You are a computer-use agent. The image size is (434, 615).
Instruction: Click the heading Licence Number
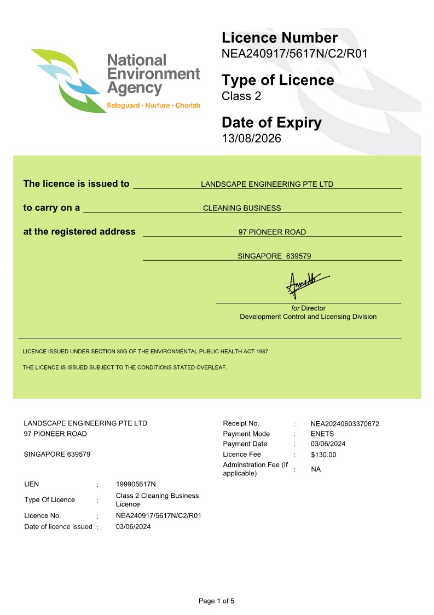click(x=280, y=38)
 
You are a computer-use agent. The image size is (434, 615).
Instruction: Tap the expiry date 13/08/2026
click(x=251, y=139)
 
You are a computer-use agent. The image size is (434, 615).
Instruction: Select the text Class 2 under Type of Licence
click(x=241, y=96)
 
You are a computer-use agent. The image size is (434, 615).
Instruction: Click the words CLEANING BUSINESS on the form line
click(x=242, y=208)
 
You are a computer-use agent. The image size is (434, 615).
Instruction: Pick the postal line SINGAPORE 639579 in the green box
click(x=274, y=256)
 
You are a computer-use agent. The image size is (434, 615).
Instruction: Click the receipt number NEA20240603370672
click(x=345, y=424)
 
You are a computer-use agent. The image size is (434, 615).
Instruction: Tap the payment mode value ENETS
click(x=322, y=434)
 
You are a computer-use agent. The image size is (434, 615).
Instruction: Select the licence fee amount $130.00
click(x=323, y=455)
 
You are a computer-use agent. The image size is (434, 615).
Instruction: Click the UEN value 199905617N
click(x=136, y=484)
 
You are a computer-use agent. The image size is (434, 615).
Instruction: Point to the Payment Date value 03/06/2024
click(x=328, y=444)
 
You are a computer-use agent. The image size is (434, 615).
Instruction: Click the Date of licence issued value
click(x=133, y=527)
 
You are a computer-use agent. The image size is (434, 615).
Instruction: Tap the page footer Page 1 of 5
click(x=216, y=601)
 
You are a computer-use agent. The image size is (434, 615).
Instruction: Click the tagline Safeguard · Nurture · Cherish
click(x=153, y=105)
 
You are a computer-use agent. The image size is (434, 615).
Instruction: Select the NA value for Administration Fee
click(x=316, y=469)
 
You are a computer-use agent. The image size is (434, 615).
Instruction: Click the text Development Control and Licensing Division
click(x=308, y=317)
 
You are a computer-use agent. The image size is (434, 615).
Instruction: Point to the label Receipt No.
click(x=241, y=423)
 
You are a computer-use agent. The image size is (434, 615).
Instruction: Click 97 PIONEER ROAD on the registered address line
click(x=272, y=232)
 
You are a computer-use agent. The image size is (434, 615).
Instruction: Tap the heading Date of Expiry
click(x=271, y=123)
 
